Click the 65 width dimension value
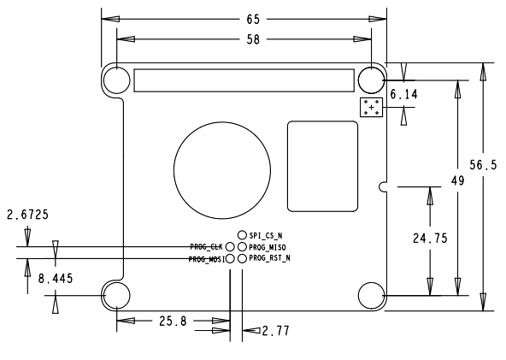pos(253,20)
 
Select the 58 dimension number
pos(253,39)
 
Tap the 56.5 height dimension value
pos(483,165)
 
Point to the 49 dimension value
pos(457,180)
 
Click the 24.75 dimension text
pos(430,239)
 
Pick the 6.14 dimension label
pos(403,94)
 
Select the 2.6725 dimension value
pos(27,215)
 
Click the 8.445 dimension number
pos(56,278)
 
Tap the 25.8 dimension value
pos(173,321)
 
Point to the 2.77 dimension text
pos(275,331)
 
